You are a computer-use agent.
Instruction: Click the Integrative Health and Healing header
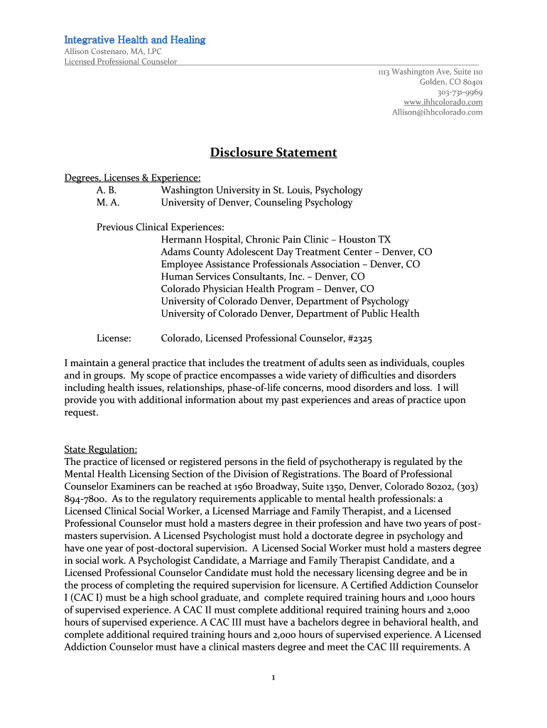pyautogui.click(x=135, y=40)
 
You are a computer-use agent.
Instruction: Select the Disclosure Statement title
pyautogui.click(x=273, y=153)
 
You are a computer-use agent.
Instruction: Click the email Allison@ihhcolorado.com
pyautogui.click(x=437, y=112)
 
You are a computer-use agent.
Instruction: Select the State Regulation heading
pyautogui.click(x=101, y=450)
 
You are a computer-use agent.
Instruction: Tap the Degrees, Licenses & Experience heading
pyautogui.click(x=132, y=178)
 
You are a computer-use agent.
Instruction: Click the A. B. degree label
pyautogui.click(x=107, y=191)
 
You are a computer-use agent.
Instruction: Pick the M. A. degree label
pyautogui.click(x=108, y=203)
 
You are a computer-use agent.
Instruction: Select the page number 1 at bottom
pyautogui.click(x=273, y=677)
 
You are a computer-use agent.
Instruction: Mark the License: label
pyautogui.click(x=114, y=339)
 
